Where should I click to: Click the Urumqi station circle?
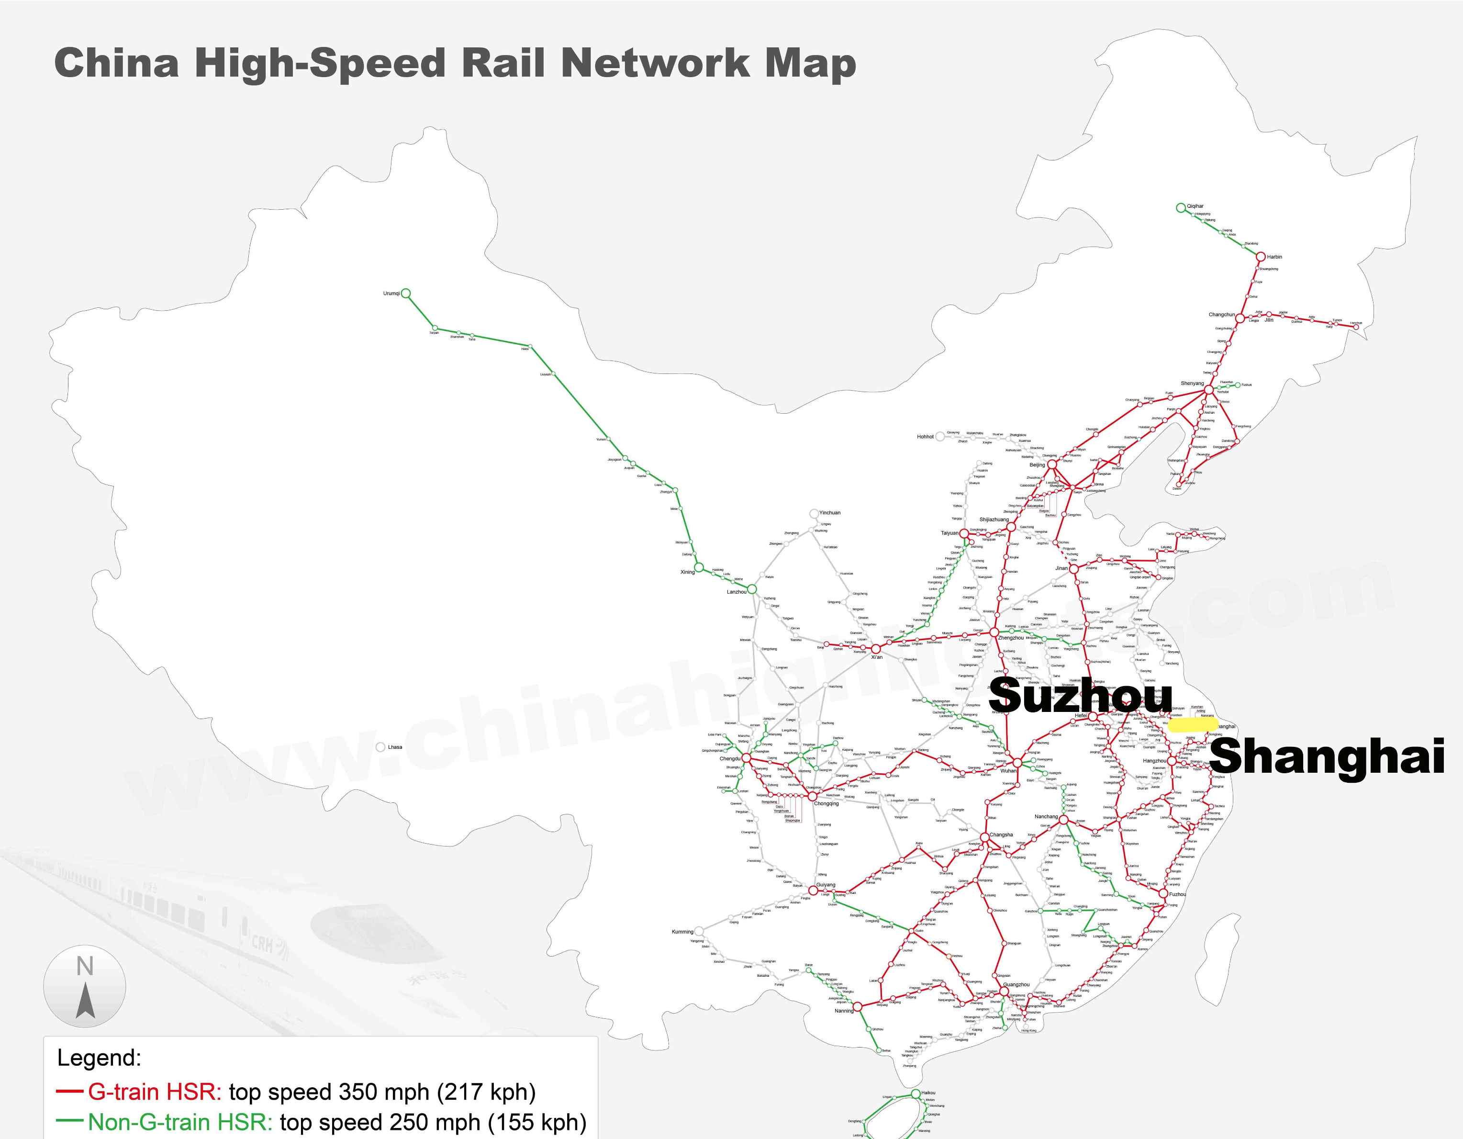(405, 293)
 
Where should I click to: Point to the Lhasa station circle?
(380, 747)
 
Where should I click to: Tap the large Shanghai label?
(1326, 756)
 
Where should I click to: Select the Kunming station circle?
(699, 931)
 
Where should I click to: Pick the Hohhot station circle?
(940, 436)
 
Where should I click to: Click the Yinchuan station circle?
(814, 513)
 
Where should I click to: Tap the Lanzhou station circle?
(751, 589)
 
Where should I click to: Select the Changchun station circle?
(1240, 318)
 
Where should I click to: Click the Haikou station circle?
(916, 1094)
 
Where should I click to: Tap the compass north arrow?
(85, 1001)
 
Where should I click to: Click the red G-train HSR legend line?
(70, 1092)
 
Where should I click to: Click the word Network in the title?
(655, 64)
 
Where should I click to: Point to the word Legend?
(99, 1058)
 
